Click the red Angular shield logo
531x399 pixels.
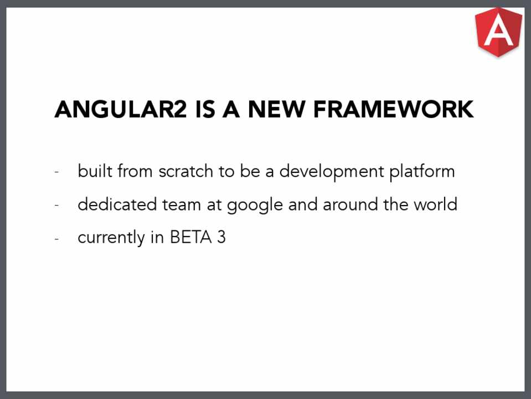point(498,32)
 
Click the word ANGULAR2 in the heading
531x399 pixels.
point(121,109)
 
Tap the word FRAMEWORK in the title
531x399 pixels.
point(393,109)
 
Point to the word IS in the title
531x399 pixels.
point(205,109)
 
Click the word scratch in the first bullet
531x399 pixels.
point(186,171)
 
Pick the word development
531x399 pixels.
point(332,172)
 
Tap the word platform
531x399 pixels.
point(422,172)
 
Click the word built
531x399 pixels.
point(95,171)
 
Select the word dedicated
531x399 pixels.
point(117,204)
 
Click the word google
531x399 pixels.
point(255,206)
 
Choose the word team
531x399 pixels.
point(182,204)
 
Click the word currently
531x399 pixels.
point(111,238)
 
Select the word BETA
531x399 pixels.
point(190,237)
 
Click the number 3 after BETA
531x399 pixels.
point(221,237)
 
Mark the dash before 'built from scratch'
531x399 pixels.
point(56,172)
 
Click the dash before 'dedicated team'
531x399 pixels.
point(56,206)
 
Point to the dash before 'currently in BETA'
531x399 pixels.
point(56,239)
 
